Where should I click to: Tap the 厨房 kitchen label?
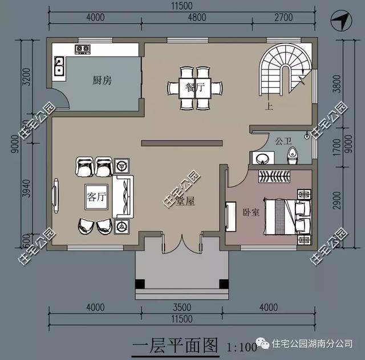click(x=102, y=80)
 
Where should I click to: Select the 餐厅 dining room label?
click(x=195, y=88)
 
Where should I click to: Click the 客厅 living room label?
click(x=96, y=197)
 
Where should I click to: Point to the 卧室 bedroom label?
click(x=251, y=212)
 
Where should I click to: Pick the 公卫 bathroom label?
click(x=283, y=140)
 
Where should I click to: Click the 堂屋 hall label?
click(x=186, y=201)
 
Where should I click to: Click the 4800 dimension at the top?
click(x=196, y=17)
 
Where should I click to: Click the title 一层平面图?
click(x=176, y=345)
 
